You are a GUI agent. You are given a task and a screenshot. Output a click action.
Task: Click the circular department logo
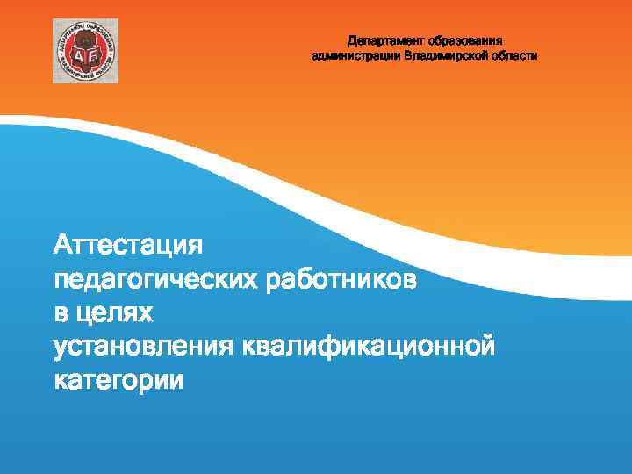[x=85, y=50]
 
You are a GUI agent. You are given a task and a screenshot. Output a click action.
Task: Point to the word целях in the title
[x=114, y=312]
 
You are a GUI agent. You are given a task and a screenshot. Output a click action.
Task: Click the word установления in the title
[x=142, y=347]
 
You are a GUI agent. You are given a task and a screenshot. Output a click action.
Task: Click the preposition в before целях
[x=61, y=312]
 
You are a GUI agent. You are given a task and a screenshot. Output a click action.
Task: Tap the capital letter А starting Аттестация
[x=62, y=243]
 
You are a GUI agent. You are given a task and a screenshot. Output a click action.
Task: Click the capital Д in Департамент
[x=352, y=40]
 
